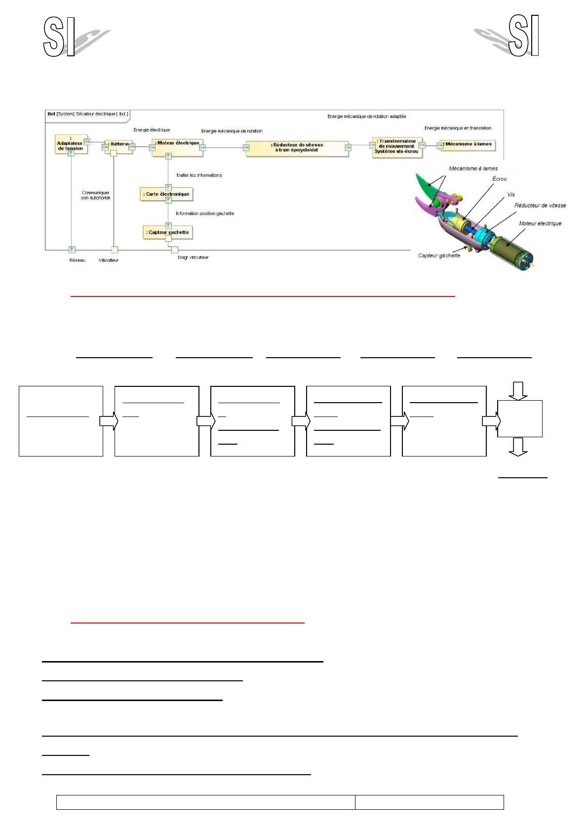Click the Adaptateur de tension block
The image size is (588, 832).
tap(71, 143)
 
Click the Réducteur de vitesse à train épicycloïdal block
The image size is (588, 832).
tap(297, 148)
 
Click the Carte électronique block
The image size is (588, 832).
tap(166, 194)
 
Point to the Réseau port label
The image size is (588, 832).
tap(77, 260)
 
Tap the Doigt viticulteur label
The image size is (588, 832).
tap(193, 257)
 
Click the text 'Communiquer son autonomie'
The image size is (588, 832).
tap(96, 195)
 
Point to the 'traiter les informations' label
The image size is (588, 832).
tap(199, 175)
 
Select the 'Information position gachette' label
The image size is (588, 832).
tap(205, 213)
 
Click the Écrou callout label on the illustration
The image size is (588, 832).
tap(499, 179)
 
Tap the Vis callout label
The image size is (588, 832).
tap(511, 195)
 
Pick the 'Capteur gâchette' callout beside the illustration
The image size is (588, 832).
tap(439, 255)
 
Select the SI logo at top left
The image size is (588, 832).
tap(59, 37)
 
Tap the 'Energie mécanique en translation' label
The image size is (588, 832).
tap(458, 128)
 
